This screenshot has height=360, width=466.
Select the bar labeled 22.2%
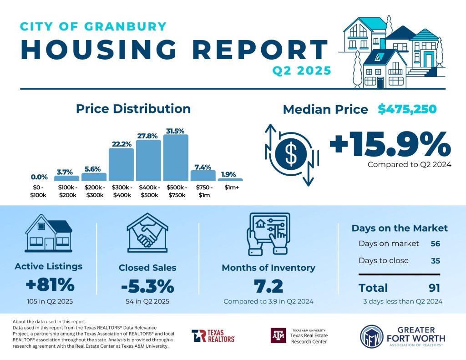(x=121, y=164)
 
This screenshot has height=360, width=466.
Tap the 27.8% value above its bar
(x=148, y=136)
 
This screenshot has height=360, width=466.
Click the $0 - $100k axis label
(x=39, y=192)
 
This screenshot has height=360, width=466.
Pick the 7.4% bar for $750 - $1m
(x=203, y=175)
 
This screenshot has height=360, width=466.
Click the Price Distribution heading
(x=133, y=109)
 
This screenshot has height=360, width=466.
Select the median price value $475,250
(x=407, y=109)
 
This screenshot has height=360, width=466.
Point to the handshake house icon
(x=147, y=232)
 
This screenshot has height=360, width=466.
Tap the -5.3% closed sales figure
(x=147, y=286)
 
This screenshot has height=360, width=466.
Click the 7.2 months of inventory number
(x=268, y=287)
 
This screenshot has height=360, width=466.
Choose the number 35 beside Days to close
(x=435, y=261)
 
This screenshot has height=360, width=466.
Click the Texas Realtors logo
(x=213, y=336)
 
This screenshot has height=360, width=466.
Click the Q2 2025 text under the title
(x=301, y=71)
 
